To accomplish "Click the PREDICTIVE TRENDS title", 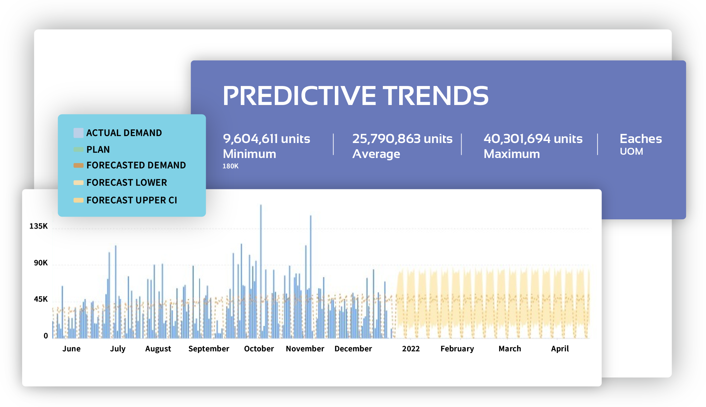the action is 356,96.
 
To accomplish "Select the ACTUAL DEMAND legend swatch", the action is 78,133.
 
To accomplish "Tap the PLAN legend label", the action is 98,149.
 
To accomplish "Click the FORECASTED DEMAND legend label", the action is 136,165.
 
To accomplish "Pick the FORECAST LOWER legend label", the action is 127,183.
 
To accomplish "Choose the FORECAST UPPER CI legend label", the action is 132,200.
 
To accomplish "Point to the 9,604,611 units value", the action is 266,139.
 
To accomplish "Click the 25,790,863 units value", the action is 403,139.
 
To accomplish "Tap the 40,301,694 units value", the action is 533,139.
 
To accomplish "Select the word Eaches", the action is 641,139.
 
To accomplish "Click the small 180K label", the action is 230,166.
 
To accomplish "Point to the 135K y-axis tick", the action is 39,226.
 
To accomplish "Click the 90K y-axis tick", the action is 41,263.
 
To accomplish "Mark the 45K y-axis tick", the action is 41,299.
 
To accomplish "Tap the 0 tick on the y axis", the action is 46,336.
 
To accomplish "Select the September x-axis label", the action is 209,349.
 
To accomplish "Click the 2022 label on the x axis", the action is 411,349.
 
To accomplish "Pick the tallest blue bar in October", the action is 261,271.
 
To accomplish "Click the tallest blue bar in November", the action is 310,277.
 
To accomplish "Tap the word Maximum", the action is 512,154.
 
